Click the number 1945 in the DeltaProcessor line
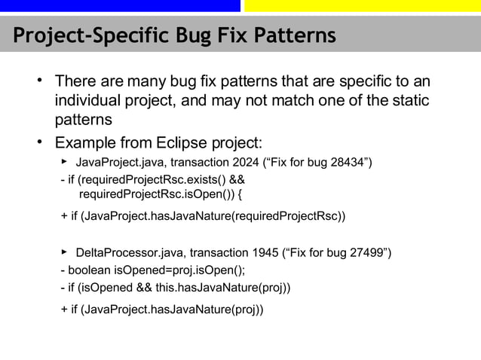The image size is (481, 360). (x=263, y=252)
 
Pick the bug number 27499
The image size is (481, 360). (x=362, y=252)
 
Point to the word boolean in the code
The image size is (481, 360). (x=90, y=270)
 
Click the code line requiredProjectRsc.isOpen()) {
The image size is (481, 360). (x=161, y=196)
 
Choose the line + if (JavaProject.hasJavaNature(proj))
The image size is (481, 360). (x=162, y=309)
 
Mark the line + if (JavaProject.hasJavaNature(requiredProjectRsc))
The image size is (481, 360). (x=204, y=217)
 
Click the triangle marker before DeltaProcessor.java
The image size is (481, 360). (x=65, y=250)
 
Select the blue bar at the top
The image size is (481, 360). (x=120, y=6)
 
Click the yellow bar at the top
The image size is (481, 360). (x=362, y=6)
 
